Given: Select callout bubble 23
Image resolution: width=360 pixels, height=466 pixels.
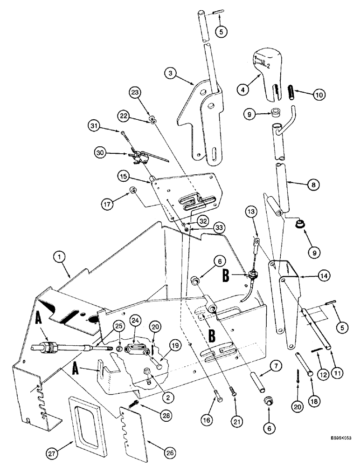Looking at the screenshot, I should [136, 92].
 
